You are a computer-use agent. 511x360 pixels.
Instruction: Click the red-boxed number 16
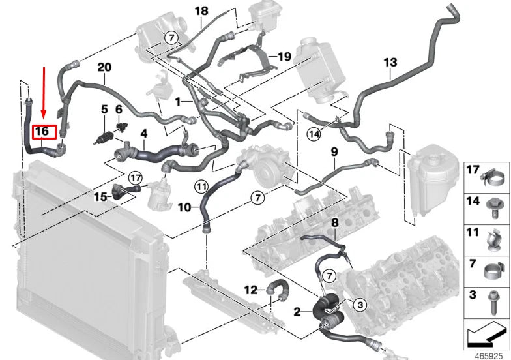click(x=42, y=131)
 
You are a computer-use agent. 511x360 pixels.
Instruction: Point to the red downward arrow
click(x=44, y=91)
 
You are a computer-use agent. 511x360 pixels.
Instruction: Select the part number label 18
click(x=201, y=11)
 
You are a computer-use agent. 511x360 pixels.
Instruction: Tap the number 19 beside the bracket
click(x=284, y=57)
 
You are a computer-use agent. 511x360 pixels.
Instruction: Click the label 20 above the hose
click(x=104, y=67)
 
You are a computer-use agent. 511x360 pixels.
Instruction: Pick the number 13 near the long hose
click(x=390, y=63)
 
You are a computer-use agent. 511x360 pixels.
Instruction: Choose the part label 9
click(x=333, y=153)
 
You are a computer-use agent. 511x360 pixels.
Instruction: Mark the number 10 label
click(x=184, y=207)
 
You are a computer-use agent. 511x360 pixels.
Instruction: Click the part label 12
click(x=251, y=289)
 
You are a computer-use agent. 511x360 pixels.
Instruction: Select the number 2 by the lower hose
click(x=297, y=312)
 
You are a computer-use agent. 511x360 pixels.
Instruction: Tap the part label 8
click(x=334, y=222)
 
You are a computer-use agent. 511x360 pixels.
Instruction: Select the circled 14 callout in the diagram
click(x=315, y=135)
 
